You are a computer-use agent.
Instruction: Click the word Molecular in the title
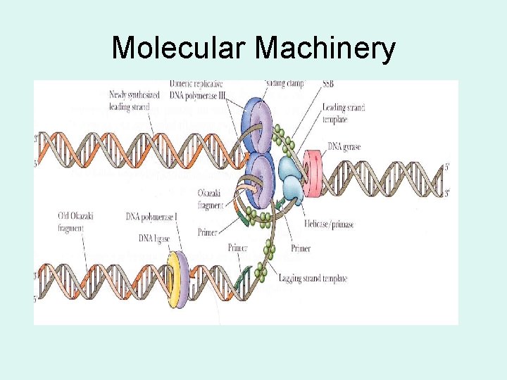(179, 49)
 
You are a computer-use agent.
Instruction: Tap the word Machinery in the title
(325, 49)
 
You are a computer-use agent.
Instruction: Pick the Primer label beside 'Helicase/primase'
(301, 248)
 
